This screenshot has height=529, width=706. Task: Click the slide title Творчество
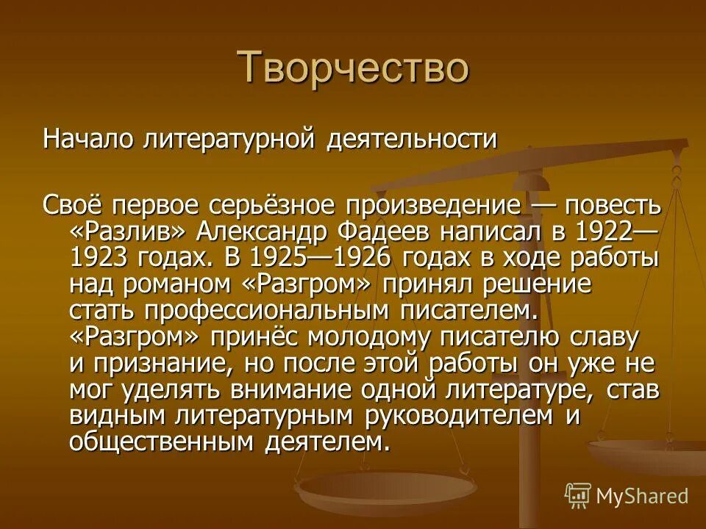coord(353,68)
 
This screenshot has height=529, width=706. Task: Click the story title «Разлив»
coord(129,231)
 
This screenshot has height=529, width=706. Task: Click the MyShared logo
coord(627,495)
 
